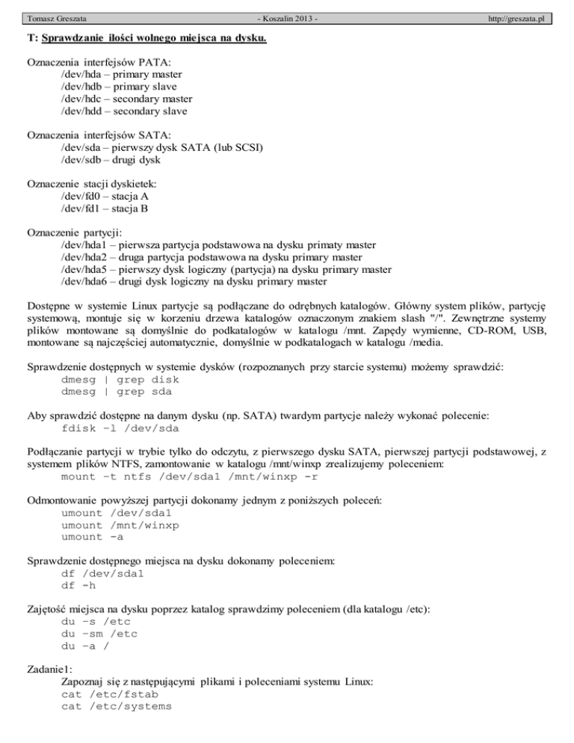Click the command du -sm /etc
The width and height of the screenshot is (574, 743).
tap(99, 635)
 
